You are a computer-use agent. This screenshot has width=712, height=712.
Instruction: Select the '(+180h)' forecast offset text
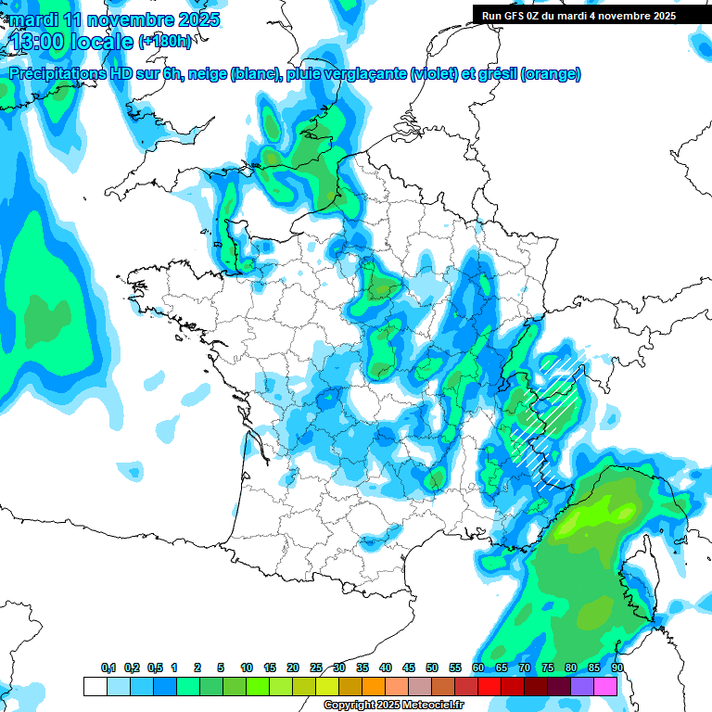point(165,42)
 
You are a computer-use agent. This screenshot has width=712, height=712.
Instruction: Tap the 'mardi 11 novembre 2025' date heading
point(114,19)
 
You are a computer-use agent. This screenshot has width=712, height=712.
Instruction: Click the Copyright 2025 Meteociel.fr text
point(393,705)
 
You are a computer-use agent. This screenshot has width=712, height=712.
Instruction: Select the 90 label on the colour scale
point(617,667)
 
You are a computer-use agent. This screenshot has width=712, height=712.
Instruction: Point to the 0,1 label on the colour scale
point(108,667)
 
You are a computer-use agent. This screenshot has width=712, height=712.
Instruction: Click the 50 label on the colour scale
point(431,667)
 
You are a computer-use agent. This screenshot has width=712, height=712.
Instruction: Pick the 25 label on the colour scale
point(316,667)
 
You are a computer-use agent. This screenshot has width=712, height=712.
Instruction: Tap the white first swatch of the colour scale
point(95,686)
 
